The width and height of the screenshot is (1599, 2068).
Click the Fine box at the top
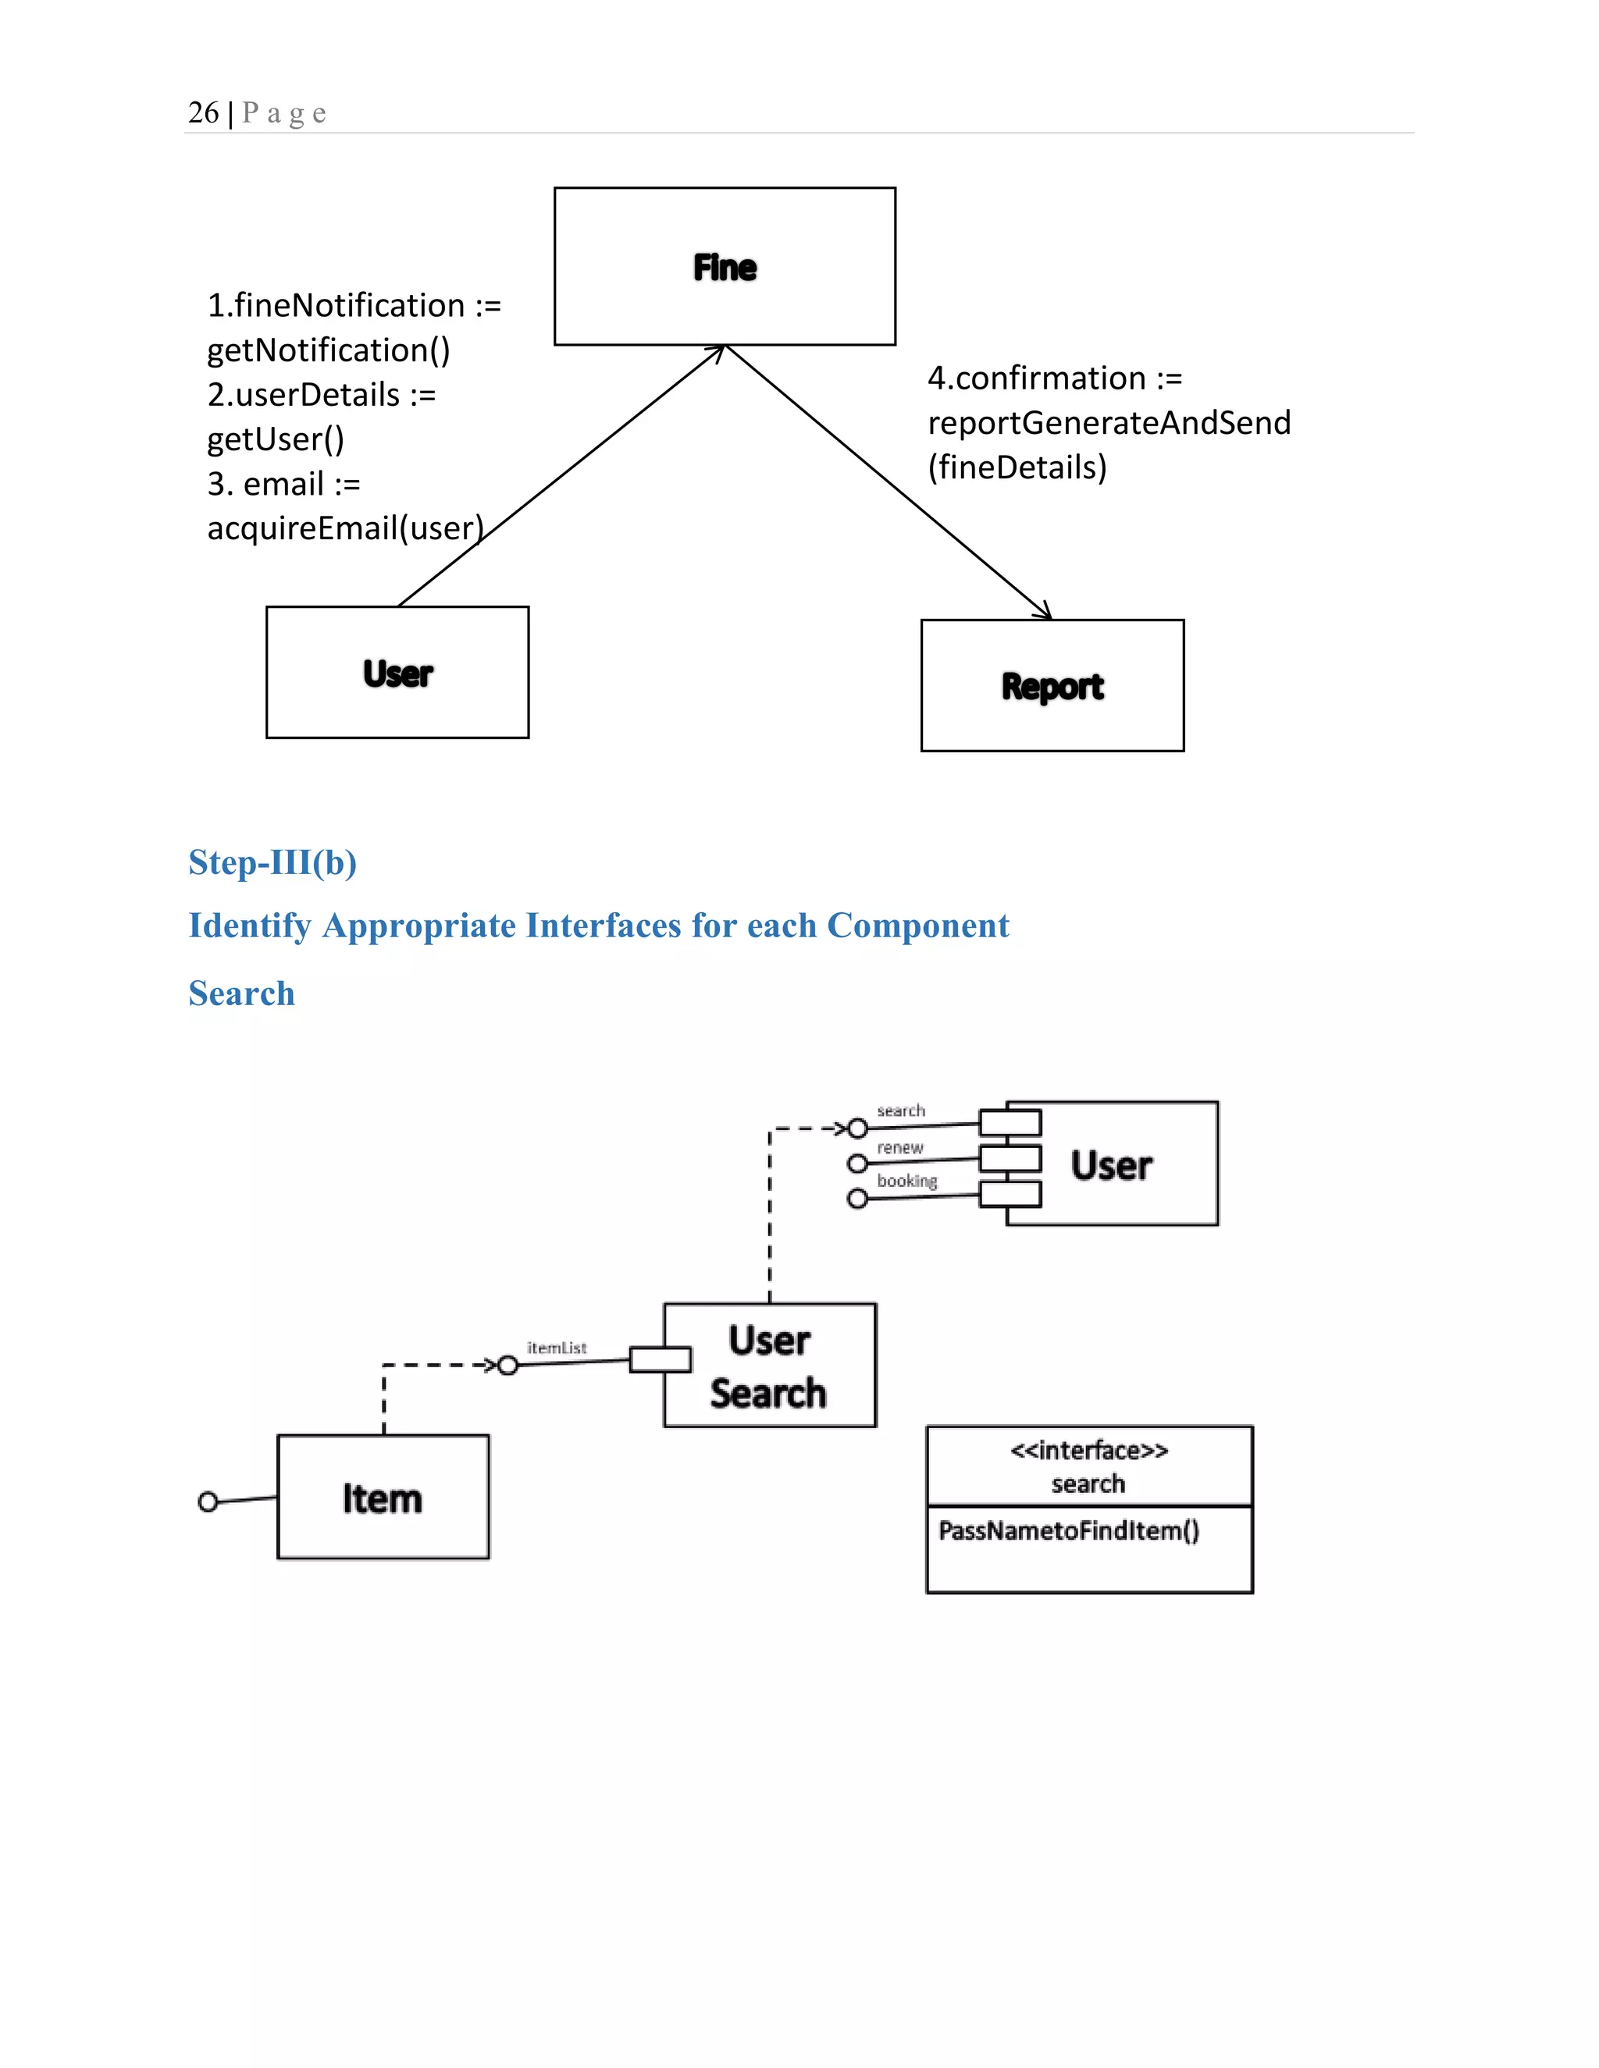[x=725, y=266]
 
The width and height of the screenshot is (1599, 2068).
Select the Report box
[x=1052, y=685]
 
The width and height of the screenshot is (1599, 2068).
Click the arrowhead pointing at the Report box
[x=1044, y=612]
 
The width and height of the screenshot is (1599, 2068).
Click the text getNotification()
[x=328, y=350]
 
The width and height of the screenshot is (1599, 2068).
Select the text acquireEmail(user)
[x=345, y=528]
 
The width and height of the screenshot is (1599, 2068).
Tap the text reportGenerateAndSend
[x=1109, y=422]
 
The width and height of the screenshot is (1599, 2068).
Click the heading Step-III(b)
[x=272, y=862]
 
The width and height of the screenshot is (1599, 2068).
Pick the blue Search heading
[x=241, y=993]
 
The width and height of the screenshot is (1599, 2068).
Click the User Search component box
[x=769, y=1366]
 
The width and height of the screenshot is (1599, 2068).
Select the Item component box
[x=383, y=1498]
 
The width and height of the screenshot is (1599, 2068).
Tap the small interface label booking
[x=906, y=1181]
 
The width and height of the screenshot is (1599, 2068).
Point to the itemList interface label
[x=556, y=1348]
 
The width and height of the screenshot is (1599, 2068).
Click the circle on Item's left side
[x=208, y=1501]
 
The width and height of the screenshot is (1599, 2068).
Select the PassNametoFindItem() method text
[x=1069, y=1531]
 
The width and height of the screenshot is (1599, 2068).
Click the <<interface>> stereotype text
[x=1088, y=1451]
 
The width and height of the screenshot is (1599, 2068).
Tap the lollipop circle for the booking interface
[x=857, y=1199]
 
